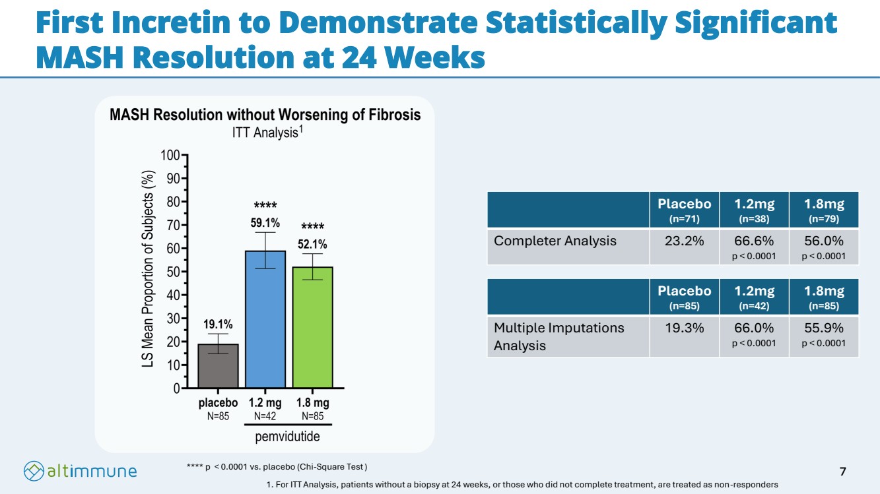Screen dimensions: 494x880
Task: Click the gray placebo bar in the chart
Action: tap(219, 366)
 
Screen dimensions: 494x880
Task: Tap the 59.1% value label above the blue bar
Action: tap(265, 222)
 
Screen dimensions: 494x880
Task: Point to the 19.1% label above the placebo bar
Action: tap(218, 324)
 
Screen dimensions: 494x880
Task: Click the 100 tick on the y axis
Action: tap(170, 155)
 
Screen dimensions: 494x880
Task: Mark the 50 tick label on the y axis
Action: tap(172, 272)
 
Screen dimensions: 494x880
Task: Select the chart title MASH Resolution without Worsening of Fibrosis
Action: tap(265, 115)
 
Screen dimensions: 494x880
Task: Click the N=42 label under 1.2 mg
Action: tap(265, 416)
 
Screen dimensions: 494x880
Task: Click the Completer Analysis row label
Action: tap(555, 241)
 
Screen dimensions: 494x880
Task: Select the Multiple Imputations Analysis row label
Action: tap(558, 336)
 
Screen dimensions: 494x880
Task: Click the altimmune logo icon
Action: tap(34, 471)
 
